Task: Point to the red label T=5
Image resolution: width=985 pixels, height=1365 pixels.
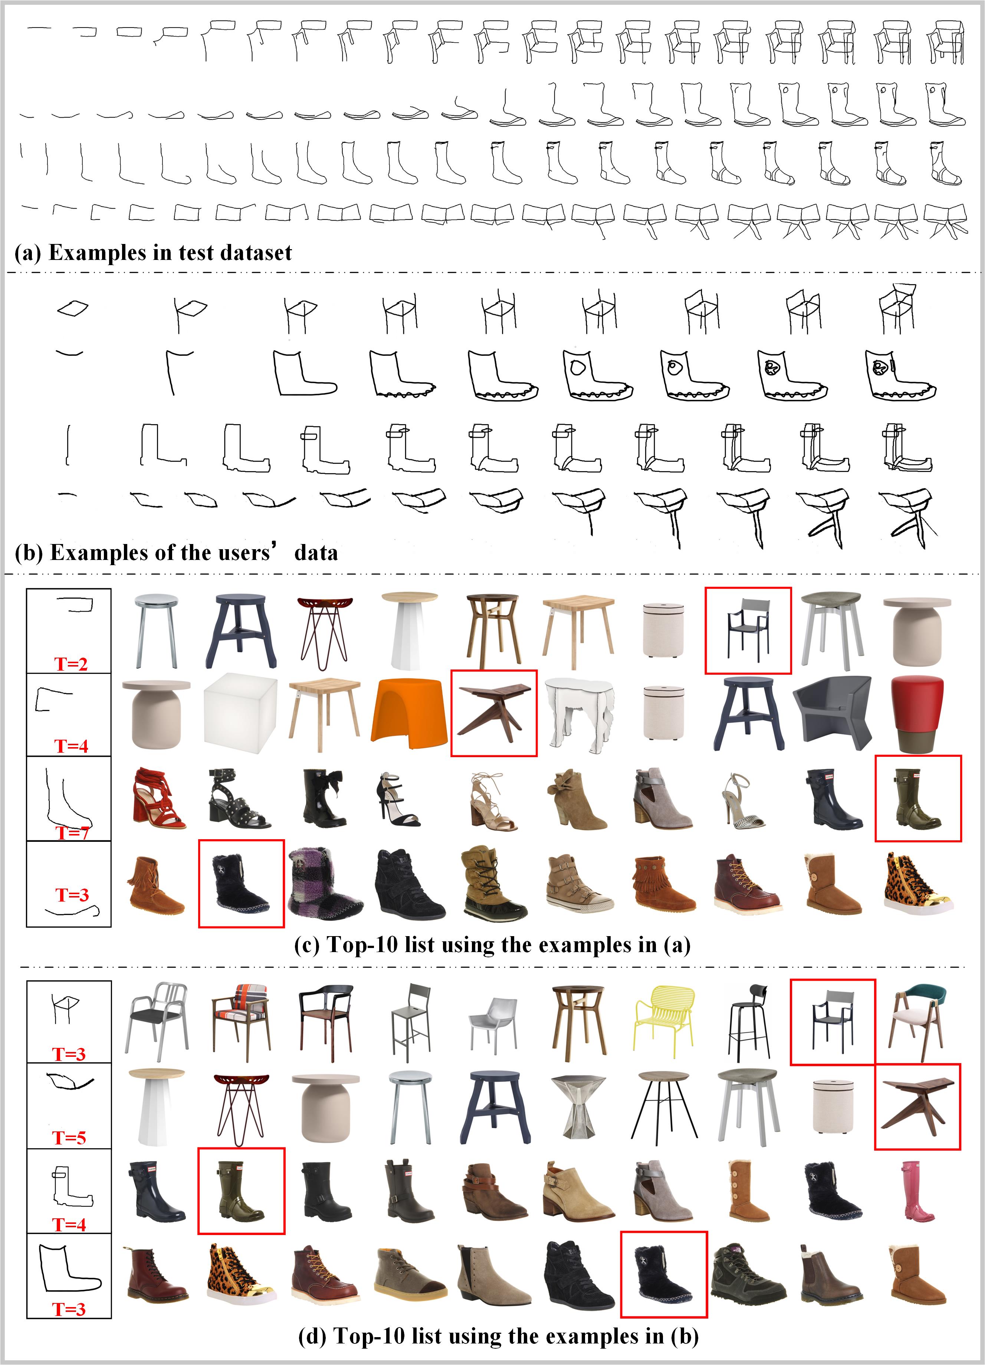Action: click(x=69, y=1137)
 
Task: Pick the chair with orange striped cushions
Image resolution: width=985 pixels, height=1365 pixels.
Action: click(x=240, y=1023)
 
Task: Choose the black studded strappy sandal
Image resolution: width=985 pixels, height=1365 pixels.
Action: click(x=238, y=798)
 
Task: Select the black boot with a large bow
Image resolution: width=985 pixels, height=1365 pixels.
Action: click(x=324, y=798)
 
